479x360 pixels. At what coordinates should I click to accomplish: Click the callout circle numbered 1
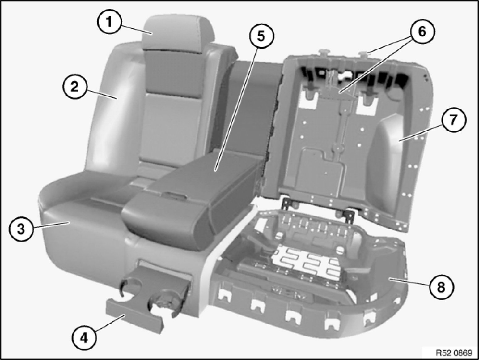pyautogui.click(x=109, y=22)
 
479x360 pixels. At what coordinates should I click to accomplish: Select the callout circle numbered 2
pyautogui.click(x=75, y=87)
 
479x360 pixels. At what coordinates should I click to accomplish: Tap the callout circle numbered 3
pyautogui.click(x=21, y=230)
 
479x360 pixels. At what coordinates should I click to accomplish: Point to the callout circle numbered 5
pyautogui.click(x=261, y=36)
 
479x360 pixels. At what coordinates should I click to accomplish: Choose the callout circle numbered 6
pyautogui.click(x=422, y=32)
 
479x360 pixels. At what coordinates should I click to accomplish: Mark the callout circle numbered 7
pyautogui.click(x=454, y=120)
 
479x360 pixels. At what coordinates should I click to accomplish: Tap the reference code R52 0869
pyautogui.click(x=454, y=353)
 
